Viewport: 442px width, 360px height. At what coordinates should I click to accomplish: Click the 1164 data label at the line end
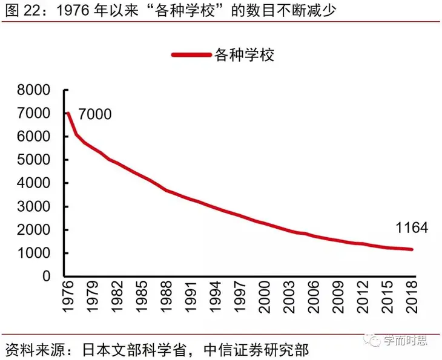(x=411, y=228)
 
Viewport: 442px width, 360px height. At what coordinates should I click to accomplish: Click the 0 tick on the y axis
(x=51, y=277)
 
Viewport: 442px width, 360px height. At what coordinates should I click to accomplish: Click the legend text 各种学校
(x=245, y=55)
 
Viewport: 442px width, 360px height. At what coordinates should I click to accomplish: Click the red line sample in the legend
(x=191, y=55)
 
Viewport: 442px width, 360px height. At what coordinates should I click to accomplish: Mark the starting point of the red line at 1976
(x=68, y=114)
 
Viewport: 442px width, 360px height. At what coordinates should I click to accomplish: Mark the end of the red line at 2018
(x=413, y=249)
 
